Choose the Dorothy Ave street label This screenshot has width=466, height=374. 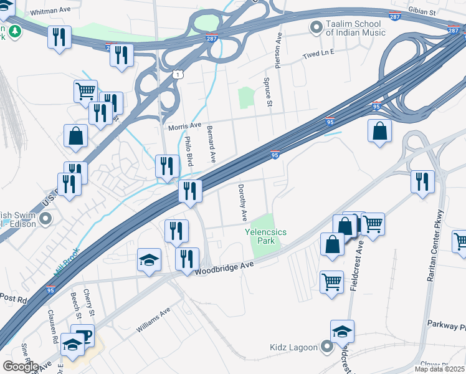click(x=243, y=203)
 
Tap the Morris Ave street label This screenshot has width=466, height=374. click(x=185, y=126)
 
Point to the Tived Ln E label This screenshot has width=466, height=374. click(x=318, y=53)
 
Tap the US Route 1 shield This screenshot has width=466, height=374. click(x=179, y=74)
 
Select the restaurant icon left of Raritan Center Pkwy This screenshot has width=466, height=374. click(x=422, y=181)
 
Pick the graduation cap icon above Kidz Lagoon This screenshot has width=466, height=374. click(x=342, y=332)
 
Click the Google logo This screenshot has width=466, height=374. click(x=20, y=367)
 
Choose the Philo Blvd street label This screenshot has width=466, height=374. click(x=188, y=151)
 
